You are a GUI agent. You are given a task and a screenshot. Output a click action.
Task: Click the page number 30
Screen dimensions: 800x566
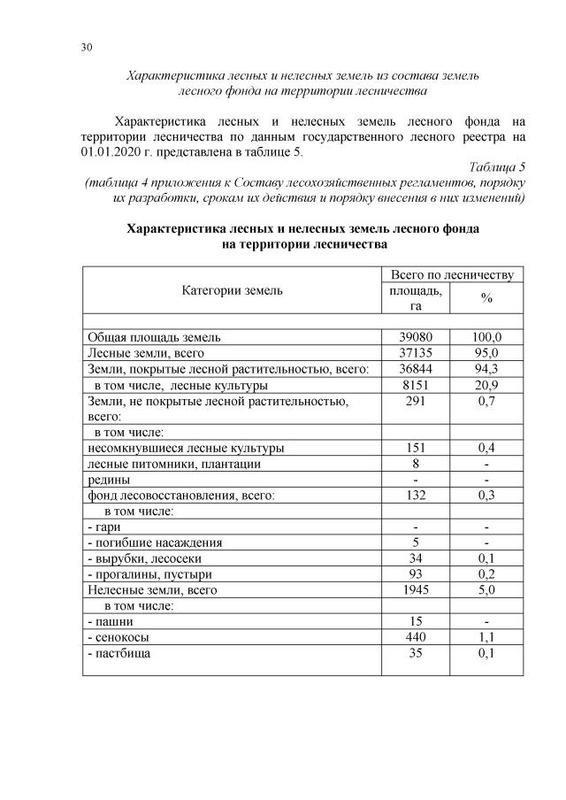click(x=87, y=47)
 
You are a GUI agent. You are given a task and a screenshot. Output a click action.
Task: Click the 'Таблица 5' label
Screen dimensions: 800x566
click(x=498, y=166)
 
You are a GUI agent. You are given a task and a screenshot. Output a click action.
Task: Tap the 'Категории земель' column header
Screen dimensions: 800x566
click(x=233, y=289)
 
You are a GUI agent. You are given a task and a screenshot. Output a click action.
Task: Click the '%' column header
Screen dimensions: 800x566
click(x=486, y=298)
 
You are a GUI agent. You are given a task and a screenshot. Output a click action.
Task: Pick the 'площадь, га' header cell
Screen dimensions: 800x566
click(x=415, y=297)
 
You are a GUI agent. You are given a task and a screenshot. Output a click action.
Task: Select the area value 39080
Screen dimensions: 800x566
click(x=415, y=337)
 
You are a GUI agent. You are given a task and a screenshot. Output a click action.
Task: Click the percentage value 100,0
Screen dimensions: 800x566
click(x=486, y=337)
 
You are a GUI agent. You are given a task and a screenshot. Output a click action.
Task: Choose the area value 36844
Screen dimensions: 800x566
click(x=415, y=368)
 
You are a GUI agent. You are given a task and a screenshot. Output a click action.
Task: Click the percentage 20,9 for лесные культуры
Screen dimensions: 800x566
click(x=486, y=385)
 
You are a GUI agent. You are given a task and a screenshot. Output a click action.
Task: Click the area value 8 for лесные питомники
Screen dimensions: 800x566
click(x=415, y=464)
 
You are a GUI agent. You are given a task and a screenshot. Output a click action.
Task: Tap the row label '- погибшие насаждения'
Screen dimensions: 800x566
click(x=155, y=542)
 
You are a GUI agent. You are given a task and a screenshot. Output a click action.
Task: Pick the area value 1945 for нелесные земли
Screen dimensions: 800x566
click(x=415, y=589)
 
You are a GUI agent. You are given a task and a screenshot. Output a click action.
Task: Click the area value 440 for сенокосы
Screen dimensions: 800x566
click(x=415, y=637)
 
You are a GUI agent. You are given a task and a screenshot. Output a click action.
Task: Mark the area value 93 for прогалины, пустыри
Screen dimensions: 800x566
click(x=415, y=574)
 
